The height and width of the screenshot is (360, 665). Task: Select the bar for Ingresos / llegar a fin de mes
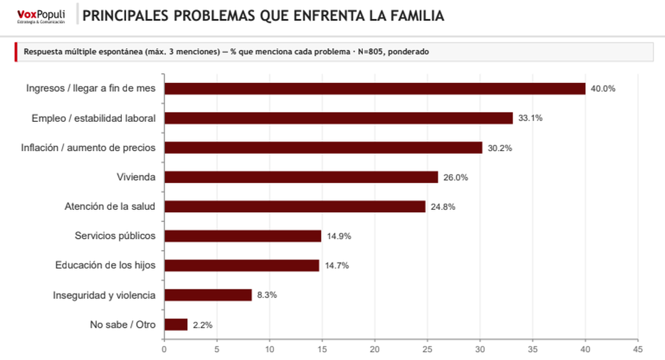[375, 89]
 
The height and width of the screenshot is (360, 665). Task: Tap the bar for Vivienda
[301, 177]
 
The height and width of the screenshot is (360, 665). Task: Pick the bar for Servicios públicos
[243, 236]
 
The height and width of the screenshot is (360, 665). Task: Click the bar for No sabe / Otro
[176, 325]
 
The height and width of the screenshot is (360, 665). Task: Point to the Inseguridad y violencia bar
[208, 295]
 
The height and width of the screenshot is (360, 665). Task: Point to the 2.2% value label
[203, 325]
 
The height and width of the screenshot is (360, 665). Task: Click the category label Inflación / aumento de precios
[88, 148]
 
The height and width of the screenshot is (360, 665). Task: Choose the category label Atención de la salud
[110, 207]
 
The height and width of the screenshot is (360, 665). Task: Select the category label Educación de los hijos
[105, 265]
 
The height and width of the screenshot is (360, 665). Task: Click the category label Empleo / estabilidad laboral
[93, 118]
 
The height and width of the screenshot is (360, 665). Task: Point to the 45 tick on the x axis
[638, 349]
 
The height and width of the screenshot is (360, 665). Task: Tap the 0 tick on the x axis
[164, 349]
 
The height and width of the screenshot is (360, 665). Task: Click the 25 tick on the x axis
[427, 349]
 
